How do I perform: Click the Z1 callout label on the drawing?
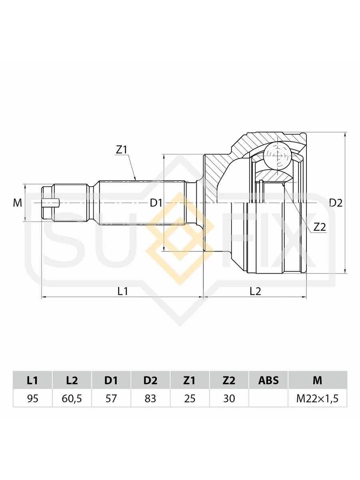[121, 150]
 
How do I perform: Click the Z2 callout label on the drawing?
[320, 227]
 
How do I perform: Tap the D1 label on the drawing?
[156, 203]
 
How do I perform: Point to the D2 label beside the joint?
[336, 203]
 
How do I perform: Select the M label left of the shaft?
[18, 203]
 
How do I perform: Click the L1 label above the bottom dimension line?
[123, 291]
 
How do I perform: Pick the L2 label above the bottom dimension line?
[255, 291]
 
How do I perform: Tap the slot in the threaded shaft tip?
[51, 203]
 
